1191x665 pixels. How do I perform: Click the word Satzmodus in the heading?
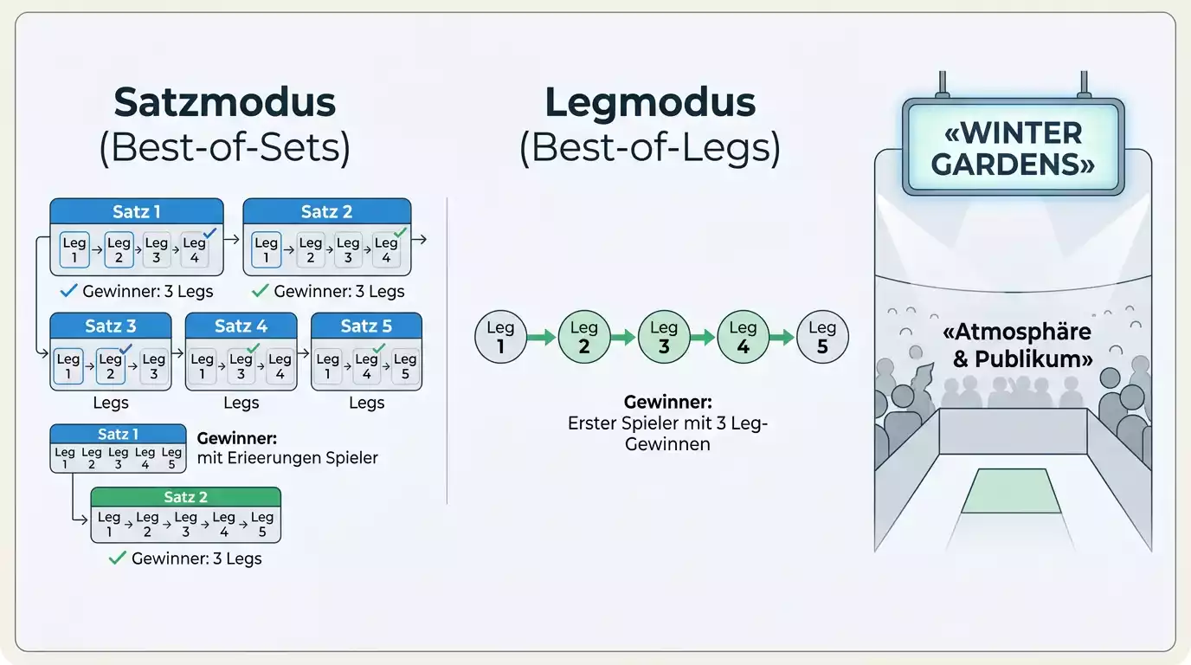click(224, 102)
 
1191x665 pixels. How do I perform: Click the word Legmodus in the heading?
click(650, 102)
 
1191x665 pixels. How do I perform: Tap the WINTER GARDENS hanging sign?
click(1013, 147)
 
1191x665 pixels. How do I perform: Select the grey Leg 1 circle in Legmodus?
click(500, 337)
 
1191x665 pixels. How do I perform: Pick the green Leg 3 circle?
click(664, 337)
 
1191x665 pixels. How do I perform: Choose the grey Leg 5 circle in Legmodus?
click(822, 337)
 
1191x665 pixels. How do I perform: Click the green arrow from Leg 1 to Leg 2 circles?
click(542, 337)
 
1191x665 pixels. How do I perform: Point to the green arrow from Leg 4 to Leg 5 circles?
click(782, 337)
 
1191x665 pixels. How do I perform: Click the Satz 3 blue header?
click(111, 326)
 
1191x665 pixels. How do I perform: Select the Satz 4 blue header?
click(241, 326)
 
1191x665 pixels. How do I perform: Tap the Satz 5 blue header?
click(366, 326)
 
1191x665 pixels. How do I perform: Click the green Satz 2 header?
click(185, 497)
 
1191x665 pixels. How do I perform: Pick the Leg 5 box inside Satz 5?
click(405, 366)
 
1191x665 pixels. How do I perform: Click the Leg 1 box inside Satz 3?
click(68, 366)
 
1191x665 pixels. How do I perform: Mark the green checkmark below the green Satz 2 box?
click(117, 558)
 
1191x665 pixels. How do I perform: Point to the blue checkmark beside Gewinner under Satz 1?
click(68, 290)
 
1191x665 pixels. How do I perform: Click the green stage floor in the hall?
click(1012, 490)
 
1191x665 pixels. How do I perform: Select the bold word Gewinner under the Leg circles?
click(667, 402)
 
